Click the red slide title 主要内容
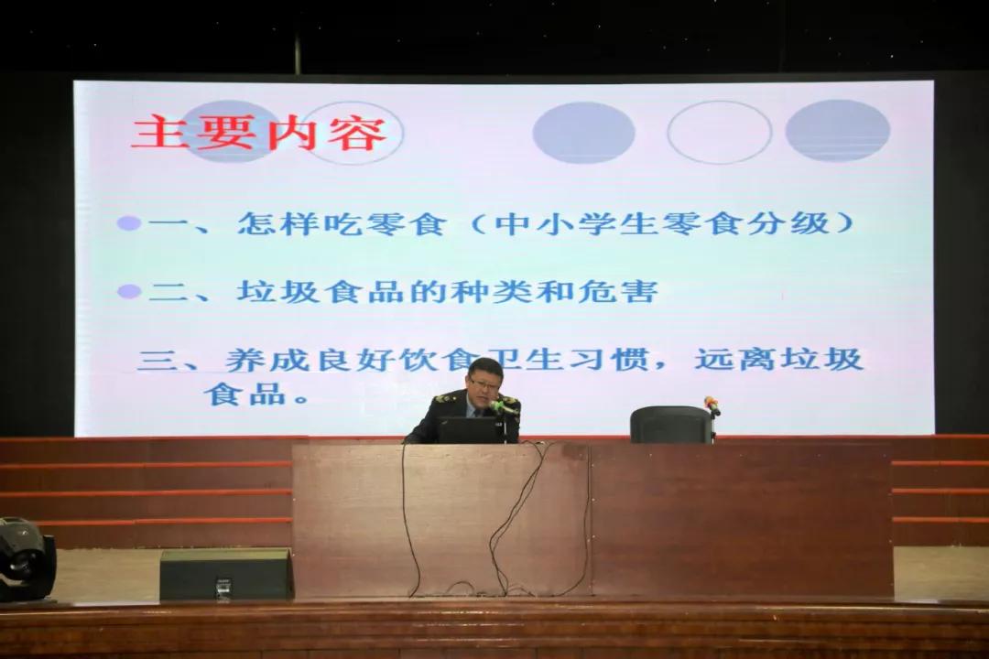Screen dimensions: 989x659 [258, 133]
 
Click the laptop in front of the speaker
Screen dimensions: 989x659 [469, 429]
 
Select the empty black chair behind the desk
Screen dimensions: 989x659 [671, 425]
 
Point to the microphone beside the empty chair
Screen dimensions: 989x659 [712, 406]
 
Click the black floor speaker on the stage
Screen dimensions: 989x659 [226, 574]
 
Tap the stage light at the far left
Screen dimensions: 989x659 [26, 558]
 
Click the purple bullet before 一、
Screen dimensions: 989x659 [129, 222]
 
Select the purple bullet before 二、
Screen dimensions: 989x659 [129, 291]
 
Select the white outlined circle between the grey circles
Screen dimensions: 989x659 [719, 132]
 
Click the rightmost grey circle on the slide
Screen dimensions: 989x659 [838, 130]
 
